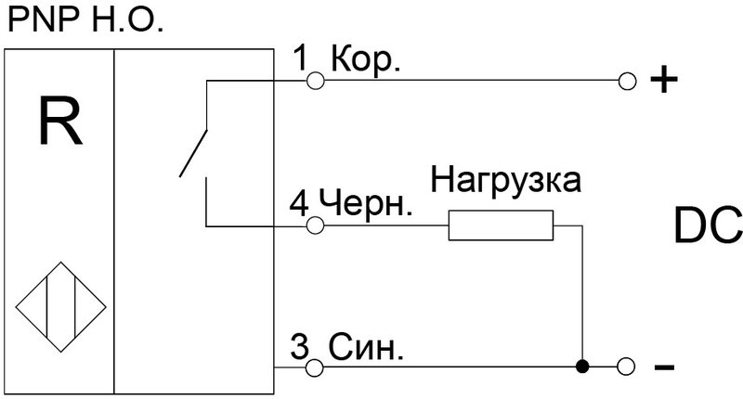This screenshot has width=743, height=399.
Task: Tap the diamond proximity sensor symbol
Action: [59, 305]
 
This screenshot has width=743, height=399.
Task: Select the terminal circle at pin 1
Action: [315, 82]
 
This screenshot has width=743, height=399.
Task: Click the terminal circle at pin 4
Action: [315, 225]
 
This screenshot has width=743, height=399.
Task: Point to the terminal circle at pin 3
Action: [315, 368]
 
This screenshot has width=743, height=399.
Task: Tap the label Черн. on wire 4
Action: [366, 201]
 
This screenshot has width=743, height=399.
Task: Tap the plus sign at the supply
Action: [663, 82]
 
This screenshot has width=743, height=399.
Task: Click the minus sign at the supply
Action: [664, 368]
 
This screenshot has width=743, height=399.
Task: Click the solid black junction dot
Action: [582, 368]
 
